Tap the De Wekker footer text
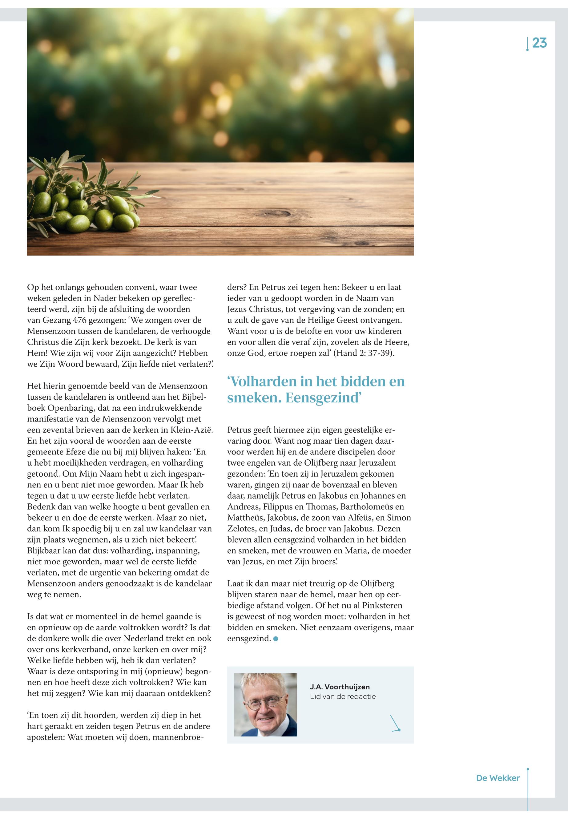497,778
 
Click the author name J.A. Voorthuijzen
340,687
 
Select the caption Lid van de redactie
342,696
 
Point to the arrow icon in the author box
395,724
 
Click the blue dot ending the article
276,639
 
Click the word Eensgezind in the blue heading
323,397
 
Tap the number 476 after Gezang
80,320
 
